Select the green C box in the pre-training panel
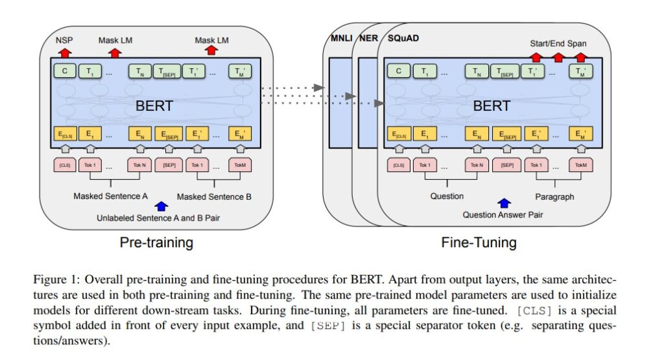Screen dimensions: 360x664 click(65, 71)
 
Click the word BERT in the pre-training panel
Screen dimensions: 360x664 click(153, 103)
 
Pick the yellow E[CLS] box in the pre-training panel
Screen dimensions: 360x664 click(64, 135)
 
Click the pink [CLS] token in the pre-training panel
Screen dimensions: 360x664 click(64, 165)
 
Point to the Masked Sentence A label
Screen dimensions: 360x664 click(110, 196)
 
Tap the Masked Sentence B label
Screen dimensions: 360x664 click(215, 196)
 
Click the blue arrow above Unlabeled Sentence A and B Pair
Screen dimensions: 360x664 click(161, 206)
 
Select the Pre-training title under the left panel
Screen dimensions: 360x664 click(156, 243)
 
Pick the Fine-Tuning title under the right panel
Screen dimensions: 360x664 click(479, 243)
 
